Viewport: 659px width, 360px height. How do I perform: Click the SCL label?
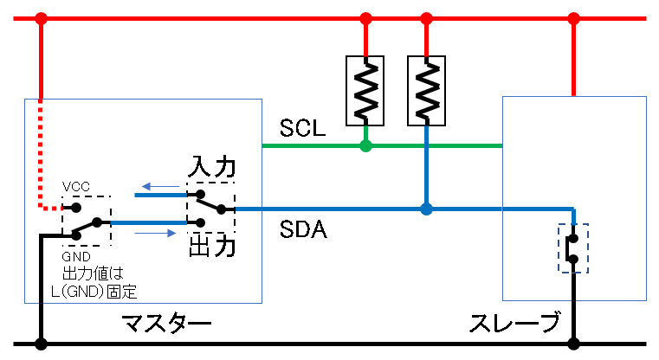coord(302,129)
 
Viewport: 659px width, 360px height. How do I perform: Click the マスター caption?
coord(167,325)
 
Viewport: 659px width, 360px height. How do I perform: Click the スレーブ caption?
coord(514,325)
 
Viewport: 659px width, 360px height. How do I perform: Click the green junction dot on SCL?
coord(365,145)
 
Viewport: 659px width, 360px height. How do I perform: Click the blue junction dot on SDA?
coord(426,209)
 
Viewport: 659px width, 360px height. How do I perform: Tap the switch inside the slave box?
coord(573,248)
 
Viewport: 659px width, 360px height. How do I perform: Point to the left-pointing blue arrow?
coord(157,185)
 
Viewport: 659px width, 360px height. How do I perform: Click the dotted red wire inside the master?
coord(41,156)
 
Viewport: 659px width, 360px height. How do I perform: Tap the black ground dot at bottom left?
coord(41,344)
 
